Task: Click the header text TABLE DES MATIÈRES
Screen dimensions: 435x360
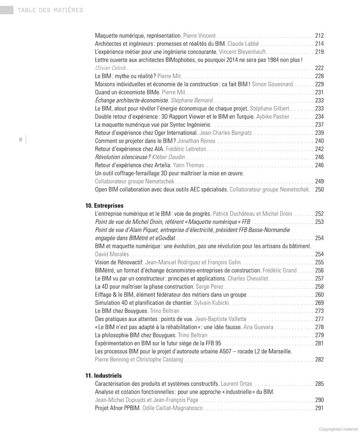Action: [x=50, y=10]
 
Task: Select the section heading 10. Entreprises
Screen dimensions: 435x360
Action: [x=104, y=205]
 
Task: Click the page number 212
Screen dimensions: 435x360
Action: [x=319, y=36]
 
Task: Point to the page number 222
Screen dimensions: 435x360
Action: [x=319, y=68]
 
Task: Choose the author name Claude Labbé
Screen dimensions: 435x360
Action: [x=243, y=43]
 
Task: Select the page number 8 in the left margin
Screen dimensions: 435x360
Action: [x=20, y=140]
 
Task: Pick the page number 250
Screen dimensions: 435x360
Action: [x=319, y=189]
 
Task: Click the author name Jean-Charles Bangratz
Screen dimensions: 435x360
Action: [x=225, y=133]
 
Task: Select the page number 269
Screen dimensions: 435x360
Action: [x=319, y=302]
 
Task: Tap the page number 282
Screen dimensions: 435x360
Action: [x=319, y=359]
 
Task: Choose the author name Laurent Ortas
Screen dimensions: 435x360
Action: [x=236, y=384]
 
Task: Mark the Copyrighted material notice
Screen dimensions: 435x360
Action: [x=337, y=429]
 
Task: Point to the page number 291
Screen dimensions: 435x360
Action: [x=319, y=408]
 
